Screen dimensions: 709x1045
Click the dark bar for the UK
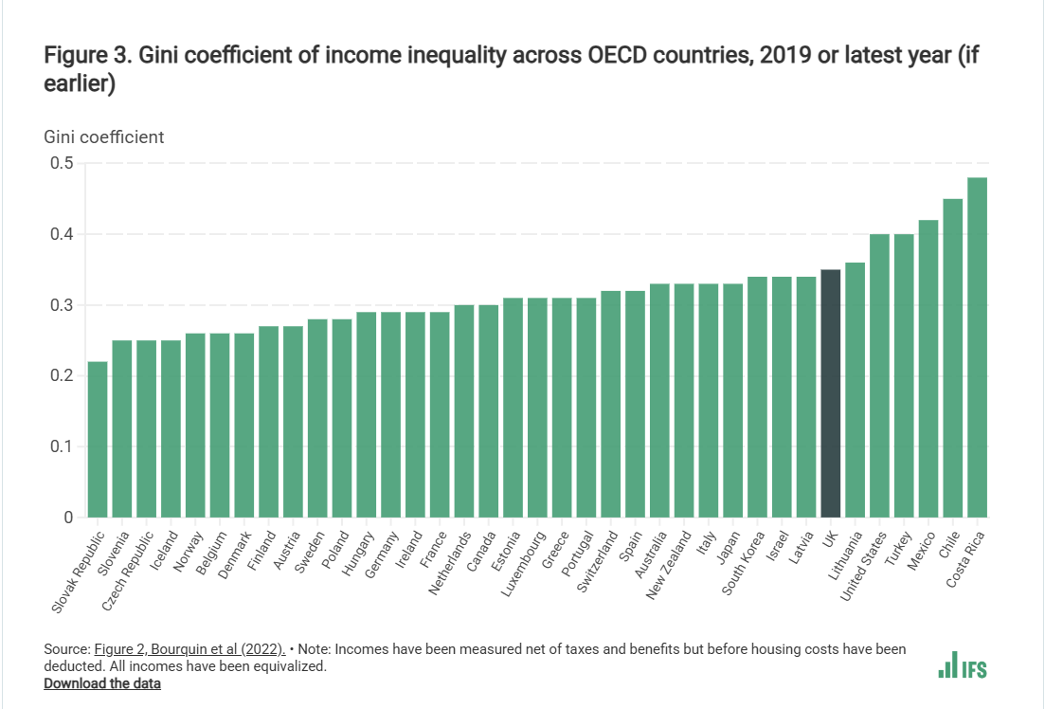pos(830,393)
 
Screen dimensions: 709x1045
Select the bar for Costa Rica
pos(977,347)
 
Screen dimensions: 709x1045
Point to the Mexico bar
pos(928,369)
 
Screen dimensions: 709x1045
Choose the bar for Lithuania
pos(855,390)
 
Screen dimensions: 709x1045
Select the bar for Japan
pos(732,400)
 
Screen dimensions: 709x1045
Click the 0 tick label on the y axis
pos(68,518)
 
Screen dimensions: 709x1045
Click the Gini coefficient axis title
pos(104,136)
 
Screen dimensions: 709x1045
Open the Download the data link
pos(102,683)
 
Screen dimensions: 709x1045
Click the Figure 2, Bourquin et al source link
pos(189,649)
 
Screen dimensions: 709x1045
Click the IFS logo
pos(963,666)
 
